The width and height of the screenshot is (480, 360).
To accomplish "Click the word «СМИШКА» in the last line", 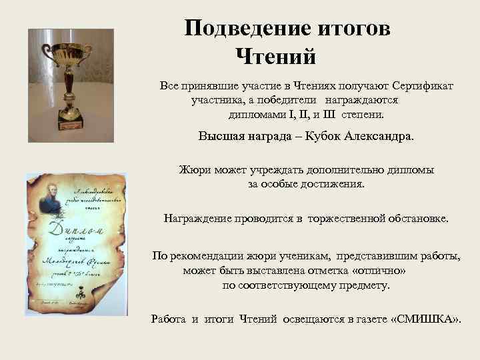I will point(425,319).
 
